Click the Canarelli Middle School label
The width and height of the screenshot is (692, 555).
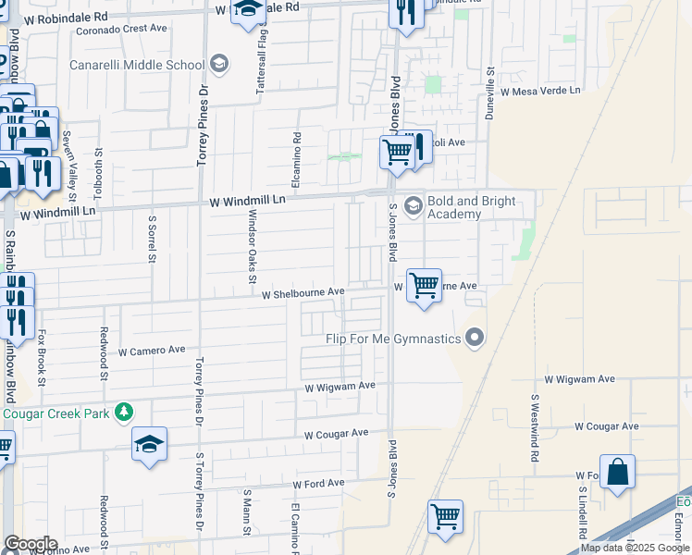click(x=137, y=66)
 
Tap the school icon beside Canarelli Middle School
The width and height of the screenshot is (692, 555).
click(x=219, y=65)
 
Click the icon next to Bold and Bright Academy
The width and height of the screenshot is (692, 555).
click(x=413, y=205)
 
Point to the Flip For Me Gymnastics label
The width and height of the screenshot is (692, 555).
click(x=393, y=339)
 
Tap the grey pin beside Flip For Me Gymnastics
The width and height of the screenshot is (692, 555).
click(x=475, y=338)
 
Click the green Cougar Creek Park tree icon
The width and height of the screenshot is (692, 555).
click(x=125, y=413)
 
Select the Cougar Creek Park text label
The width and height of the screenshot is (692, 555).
click(x=56, y=413)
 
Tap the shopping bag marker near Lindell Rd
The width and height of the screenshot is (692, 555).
click(x=617, y=471)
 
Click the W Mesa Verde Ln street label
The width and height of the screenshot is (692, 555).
click(x=540, y=91)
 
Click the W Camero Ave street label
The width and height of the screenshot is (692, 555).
click(x=153, y=351)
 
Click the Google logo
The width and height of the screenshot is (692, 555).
click(x=30, y=544)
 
